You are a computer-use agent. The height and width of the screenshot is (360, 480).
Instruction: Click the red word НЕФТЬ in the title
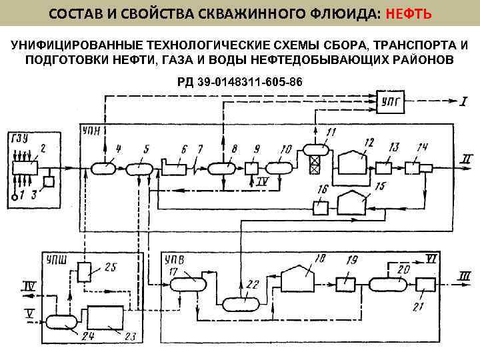click(x=409, y=13)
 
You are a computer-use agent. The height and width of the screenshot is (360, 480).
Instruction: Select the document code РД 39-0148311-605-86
click(x=239, y=82)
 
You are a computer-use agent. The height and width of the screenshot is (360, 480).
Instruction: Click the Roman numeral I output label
click(x=463, y=101)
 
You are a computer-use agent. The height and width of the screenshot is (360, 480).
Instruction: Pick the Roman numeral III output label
click(x=465, y=275)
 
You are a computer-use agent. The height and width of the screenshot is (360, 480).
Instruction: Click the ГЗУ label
click(x=19, y=138)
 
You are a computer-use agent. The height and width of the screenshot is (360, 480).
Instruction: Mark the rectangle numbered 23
click(x=104, y=316)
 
